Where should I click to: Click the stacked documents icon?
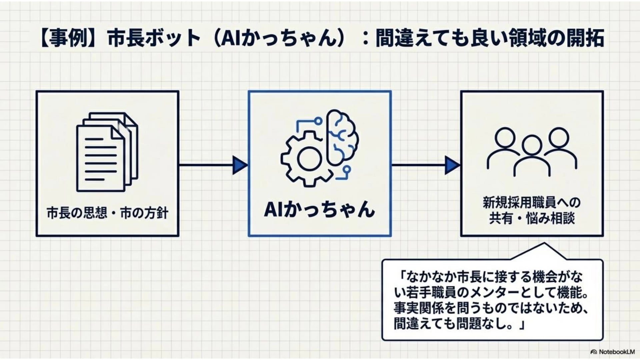[107, 152]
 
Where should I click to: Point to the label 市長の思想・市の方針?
[107, 213]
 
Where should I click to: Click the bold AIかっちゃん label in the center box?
[319, 209]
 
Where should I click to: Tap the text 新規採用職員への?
[532, 203]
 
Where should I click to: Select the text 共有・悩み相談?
[532, 219]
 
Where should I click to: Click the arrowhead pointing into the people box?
[452, 165]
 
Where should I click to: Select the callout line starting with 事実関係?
[490, 308]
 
